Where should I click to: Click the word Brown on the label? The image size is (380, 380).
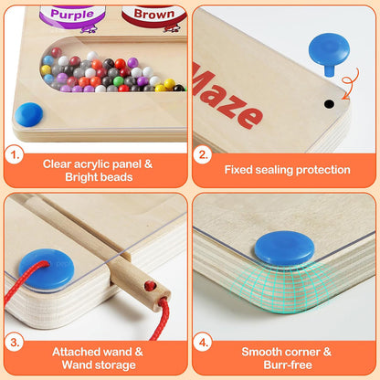154,14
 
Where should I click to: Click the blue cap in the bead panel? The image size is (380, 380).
29,114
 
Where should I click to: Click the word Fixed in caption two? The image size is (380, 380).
241,169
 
